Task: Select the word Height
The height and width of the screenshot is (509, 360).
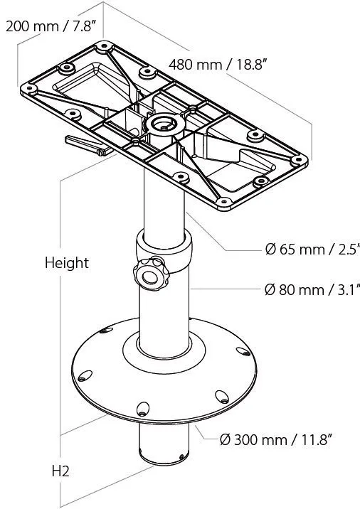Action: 67,263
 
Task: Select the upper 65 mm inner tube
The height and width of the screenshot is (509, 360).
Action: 164,203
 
